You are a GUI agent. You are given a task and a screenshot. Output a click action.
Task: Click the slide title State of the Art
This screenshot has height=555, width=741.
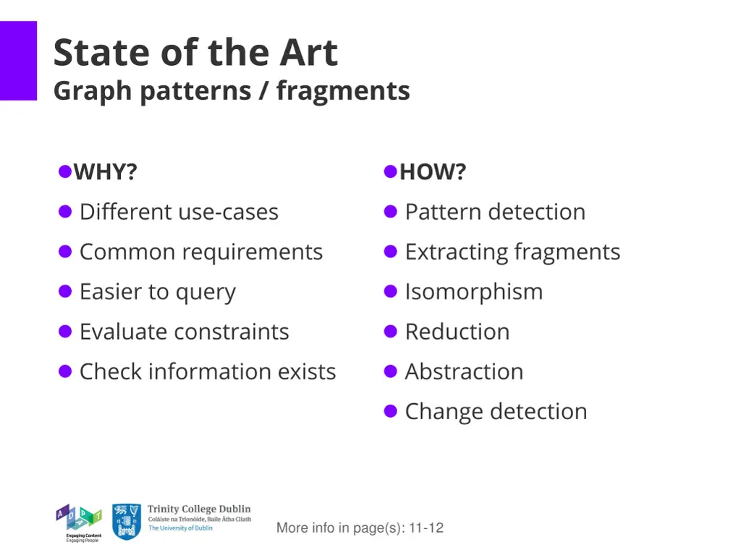tap(195, 53)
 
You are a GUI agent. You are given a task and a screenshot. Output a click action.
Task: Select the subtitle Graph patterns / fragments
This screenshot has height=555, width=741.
tap(232, 91)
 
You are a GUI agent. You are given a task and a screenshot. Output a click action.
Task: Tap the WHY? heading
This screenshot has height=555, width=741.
tap(106, 172)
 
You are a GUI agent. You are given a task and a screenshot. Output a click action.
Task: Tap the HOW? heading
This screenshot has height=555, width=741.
tap(433, 172)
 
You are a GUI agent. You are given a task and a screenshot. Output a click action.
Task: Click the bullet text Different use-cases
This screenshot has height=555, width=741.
tap(179, 212)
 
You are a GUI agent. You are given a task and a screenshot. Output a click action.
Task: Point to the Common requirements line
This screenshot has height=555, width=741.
tap(201, 251)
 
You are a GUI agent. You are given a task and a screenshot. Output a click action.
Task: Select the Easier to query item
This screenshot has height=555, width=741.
tap(158, 292)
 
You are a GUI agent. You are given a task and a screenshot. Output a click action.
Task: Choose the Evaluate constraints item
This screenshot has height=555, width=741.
tap(184, 332)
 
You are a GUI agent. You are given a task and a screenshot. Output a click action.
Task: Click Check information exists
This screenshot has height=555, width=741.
tap(208, 371)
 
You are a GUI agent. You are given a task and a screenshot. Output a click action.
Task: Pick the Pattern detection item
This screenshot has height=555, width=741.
tap(495, 212)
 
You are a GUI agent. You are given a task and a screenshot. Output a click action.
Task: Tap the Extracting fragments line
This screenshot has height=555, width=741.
tap(512, 251)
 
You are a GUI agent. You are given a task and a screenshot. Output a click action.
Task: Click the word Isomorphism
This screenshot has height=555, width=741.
tap(473, 292)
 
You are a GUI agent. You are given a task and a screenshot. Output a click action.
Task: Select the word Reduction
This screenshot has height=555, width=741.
tap(457, 332)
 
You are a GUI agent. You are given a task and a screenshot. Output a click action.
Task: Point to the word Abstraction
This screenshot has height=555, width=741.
tap(464, 371)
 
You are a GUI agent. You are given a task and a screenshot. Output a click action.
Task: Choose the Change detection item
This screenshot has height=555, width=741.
tap(496, 411)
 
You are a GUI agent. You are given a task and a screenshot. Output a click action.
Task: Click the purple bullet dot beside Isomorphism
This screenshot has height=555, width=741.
tap(391, 291)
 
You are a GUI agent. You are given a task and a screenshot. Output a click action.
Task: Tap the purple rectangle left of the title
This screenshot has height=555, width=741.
tap(18, 61)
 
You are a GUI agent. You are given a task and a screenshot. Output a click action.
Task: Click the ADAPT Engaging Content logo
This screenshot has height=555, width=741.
tap(79, 522)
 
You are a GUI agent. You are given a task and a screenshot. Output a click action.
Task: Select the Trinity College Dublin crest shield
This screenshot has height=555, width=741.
tap(127, 522)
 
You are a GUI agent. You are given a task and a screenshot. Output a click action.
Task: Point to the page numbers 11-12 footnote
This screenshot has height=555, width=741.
tap(360, 528)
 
